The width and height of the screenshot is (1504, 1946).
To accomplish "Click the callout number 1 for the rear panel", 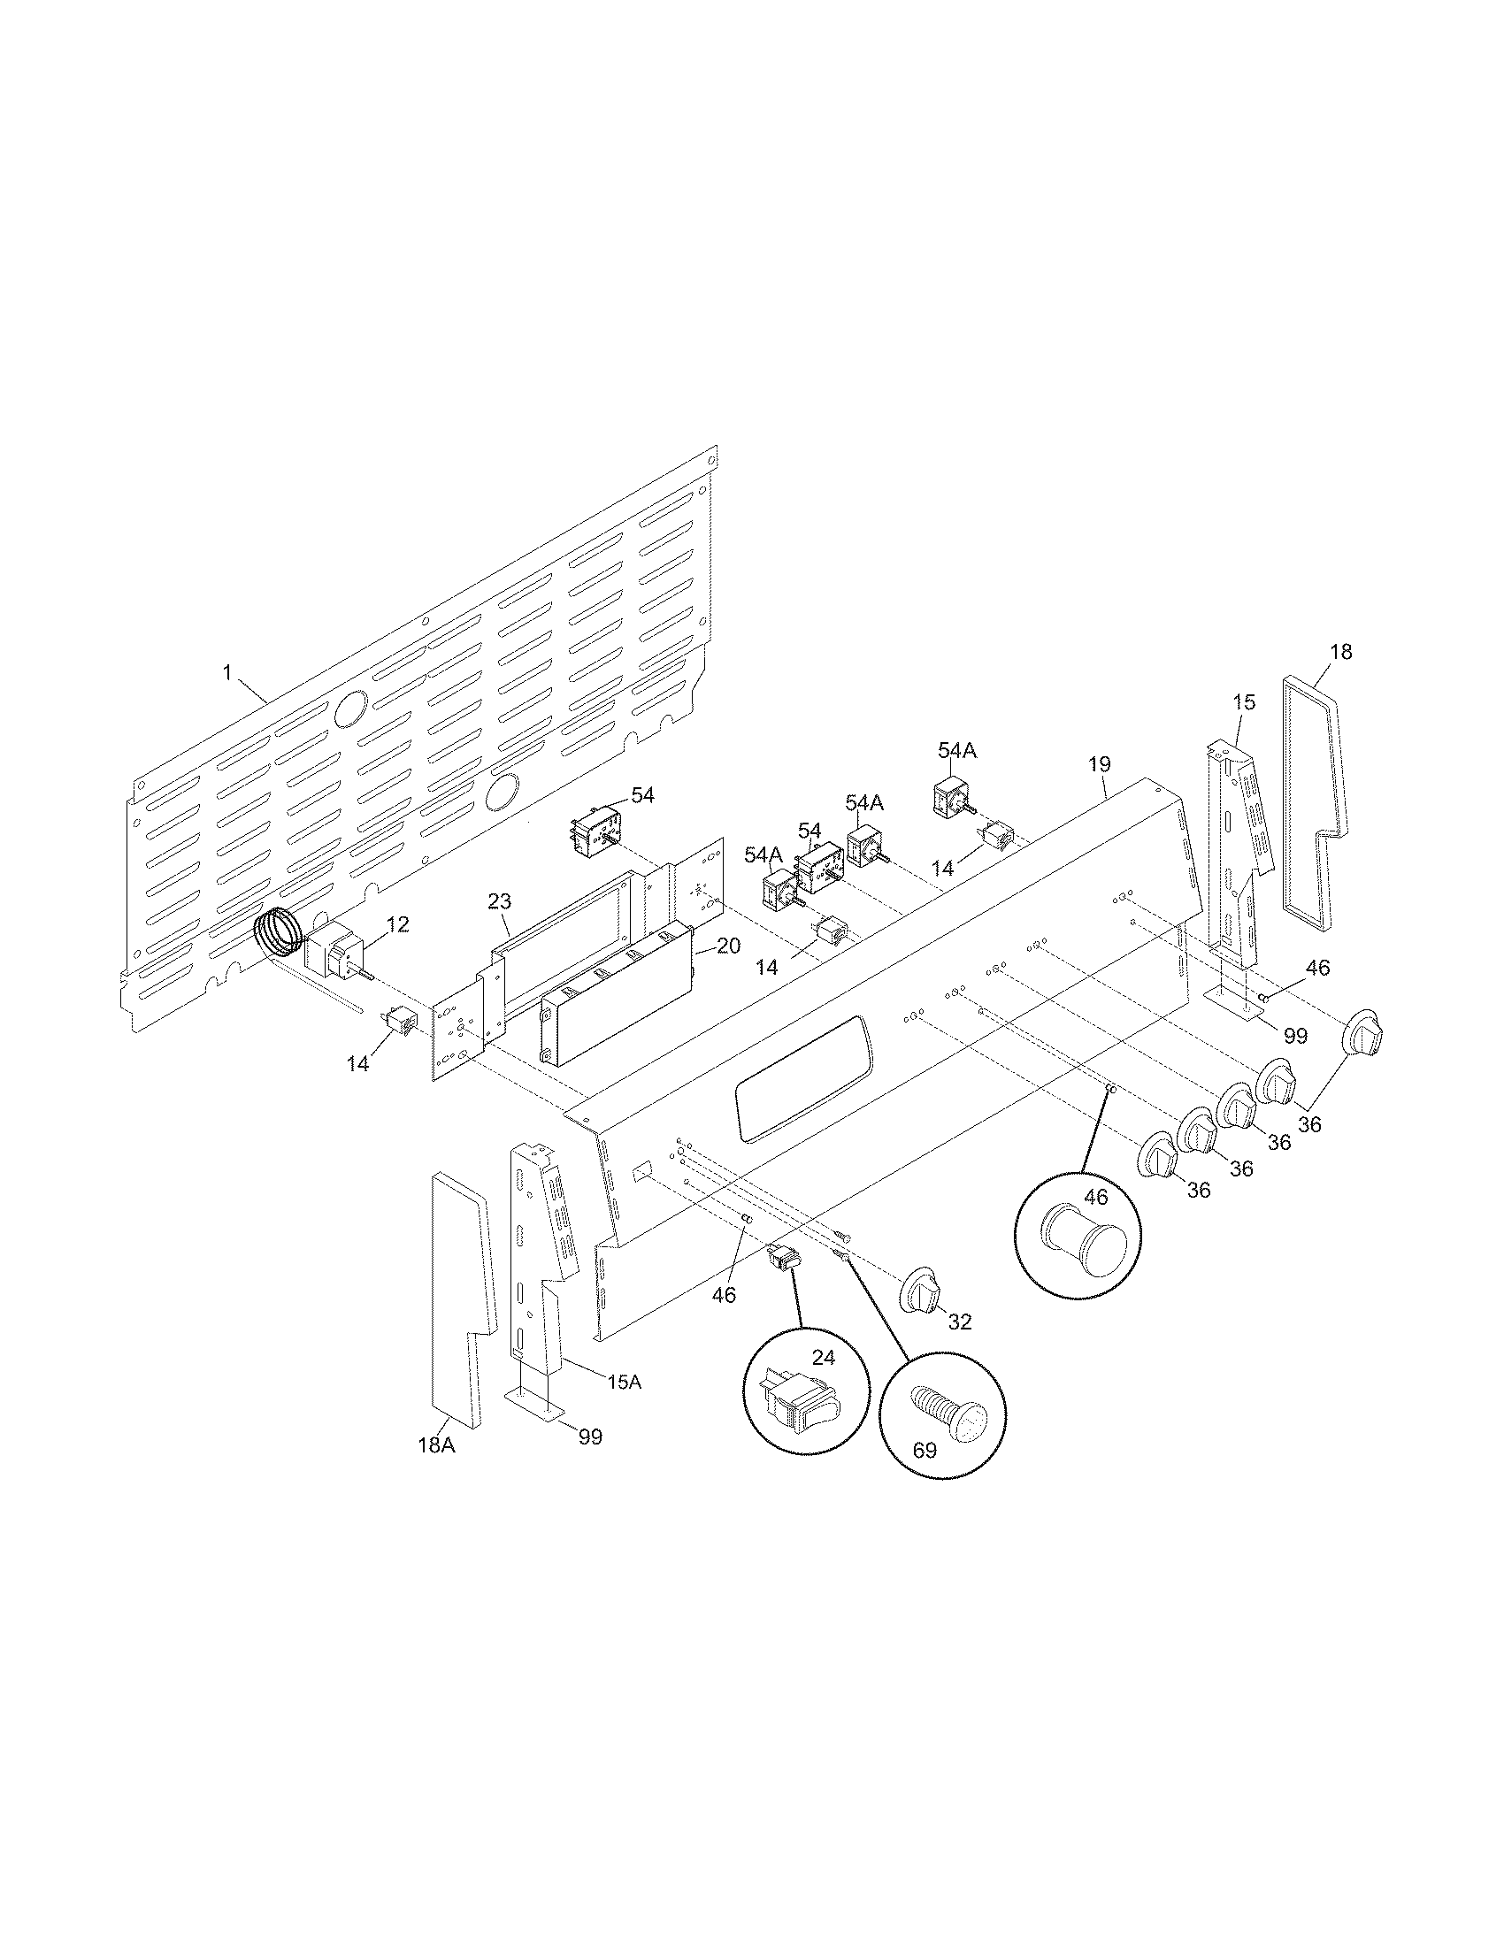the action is (x=226, y=673).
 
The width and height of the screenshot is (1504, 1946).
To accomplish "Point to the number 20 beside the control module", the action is (x=728, y=946).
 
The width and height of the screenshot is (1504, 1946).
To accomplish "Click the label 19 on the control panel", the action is (x=1100, y=763).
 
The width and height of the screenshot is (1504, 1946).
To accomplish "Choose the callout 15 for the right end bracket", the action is (x=1244, y=702).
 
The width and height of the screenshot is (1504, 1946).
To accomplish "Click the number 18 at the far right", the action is (x=1340, y=652).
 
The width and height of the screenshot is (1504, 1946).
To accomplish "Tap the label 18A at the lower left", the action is (x=436, y=1445).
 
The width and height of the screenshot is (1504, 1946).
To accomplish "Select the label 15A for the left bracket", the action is (x=624, y=1382).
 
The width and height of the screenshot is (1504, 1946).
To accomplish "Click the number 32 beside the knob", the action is (x=959, y=1323).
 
